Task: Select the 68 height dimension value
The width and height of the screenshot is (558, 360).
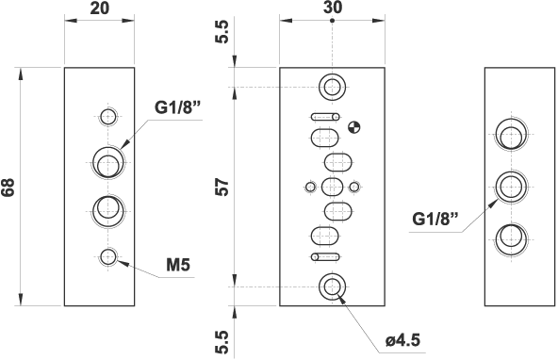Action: [9, 187]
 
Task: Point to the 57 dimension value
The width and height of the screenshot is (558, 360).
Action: [223, 187]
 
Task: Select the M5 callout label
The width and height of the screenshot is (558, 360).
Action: [179, 265]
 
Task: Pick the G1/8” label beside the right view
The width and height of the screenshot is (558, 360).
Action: [435, 220]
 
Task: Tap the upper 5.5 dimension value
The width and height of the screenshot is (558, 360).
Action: [223, 36]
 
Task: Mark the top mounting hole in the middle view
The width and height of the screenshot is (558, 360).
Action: [332, 88]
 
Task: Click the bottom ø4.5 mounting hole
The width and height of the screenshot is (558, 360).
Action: [332, 286]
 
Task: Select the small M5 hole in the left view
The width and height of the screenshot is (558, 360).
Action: [109, 255]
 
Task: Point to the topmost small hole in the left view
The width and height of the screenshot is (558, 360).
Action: [109, 117]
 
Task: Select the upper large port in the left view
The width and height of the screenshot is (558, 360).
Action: [108, 162]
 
